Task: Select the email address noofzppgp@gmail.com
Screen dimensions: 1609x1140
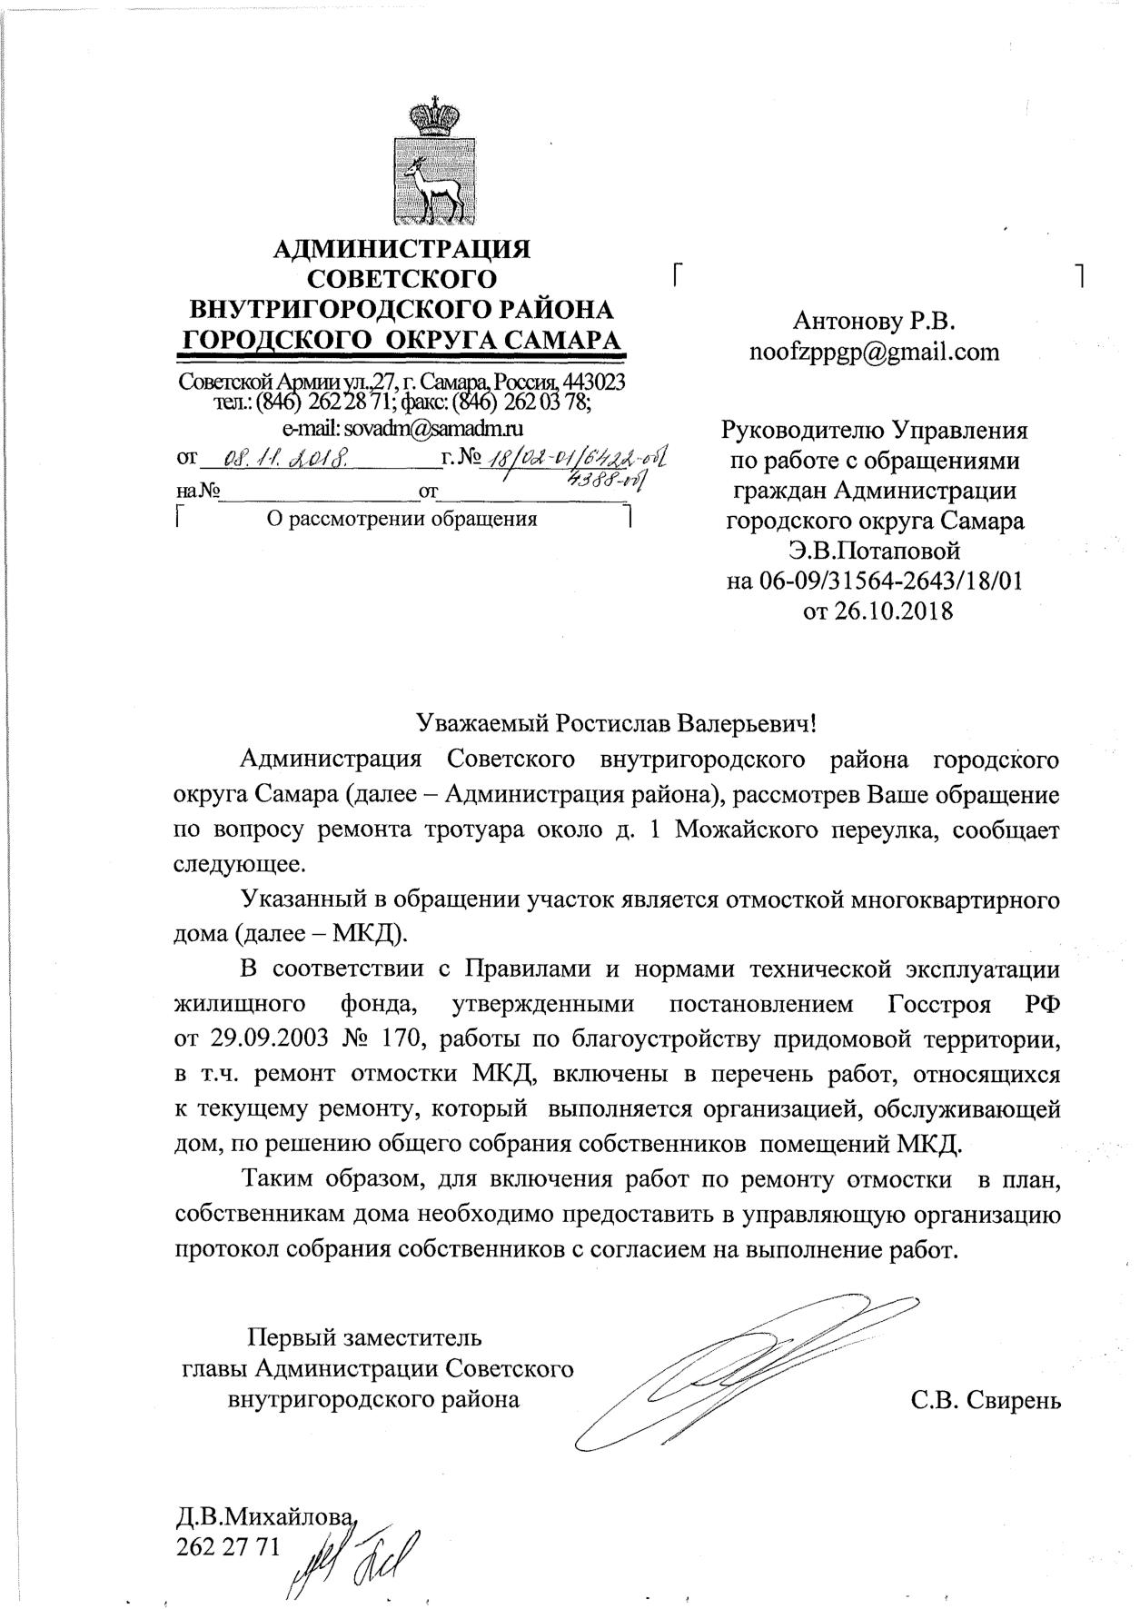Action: [874, 352]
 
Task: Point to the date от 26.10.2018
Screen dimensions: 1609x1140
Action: [877, 611]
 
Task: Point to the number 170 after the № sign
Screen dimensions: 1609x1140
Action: [392, 1038]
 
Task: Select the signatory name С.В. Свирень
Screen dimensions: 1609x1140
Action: [986, 1400]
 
